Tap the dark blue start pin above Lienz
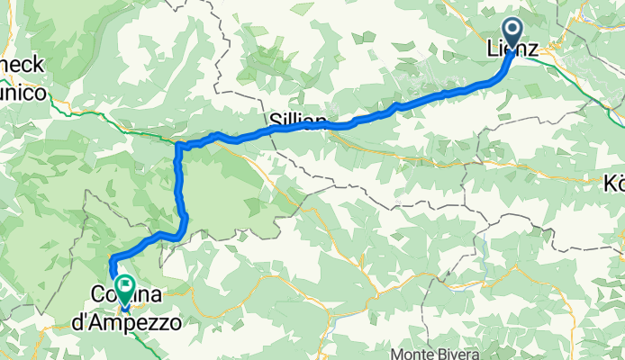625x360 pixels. coord(512,33)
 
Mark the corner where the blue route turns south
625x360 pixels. coord(178,145)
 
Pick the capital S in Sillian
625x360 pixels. coord(274,120)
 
